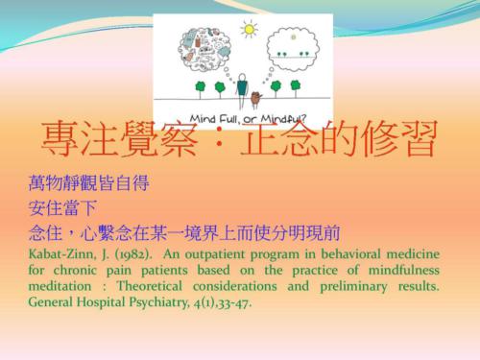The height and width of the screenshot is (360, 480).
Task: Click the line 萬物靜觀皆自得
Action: click(x=88, y=182)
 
